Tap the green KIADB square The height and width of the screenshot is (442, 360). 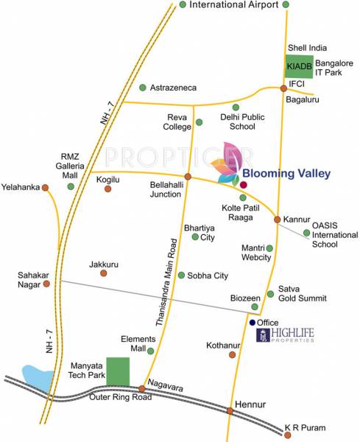click(x=298, y=66)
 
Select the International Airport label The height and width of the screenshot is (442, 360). click(x=233, y=5)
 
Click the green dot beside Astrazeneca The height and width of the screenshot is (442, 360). click(x=142, y=87)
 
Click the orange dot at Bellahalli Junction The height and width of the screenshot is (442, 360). click(x=188, y=177)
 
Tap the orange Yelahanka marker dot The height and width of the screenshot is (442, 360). click(x=46, y=187)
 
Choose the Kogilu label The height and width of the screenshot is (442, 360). click(x=108, y=179)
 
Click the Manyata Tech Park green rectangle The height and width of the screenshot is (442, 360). click(x=117, y=371)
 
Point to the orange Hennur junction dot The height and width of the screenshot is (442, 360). click(x=230, y=411)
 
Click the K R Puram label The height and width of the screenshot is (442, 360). click(x=305, y=427)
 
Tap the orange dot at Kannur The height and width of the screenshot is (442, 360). click(x=278, y=220)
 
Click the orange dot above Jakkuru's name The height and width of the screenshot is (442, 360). click(x=104, y=273)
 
